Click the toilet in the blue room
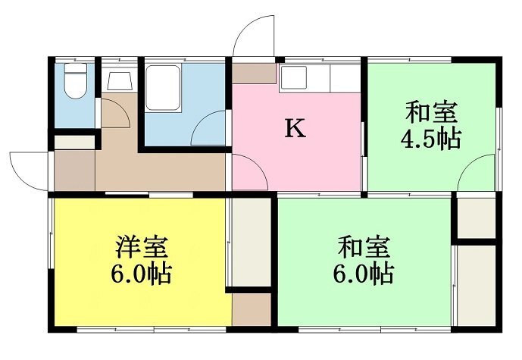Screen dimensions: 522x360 [76, 81]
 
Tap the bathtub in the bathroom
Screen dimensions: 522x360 [163, 88]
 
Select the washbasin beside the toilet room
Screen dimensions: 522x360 [120, 80]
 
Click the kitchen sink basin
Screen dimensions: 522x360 [293, 77]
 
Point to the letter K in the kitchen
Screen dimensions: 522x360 [295, 129]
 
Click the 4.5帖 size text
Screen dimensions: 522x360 [431, 139]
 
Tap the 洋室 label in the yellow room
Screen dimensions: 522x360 [142, 247]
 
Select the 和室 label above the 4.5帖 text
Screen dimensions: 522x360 [431, 113]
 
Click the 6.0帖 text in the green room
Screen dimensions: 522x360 [364, 274]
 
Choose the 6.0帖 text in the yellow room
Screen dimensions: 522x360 [141, 274]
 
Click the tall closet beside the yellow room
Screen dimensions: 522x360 [252, 242]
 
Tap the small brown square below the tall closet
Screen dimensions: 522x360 [252, 309]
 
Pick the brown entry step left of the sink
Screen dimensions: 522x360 [254, 74]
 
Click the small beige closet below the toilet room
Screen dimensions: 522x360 [74, 142]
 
